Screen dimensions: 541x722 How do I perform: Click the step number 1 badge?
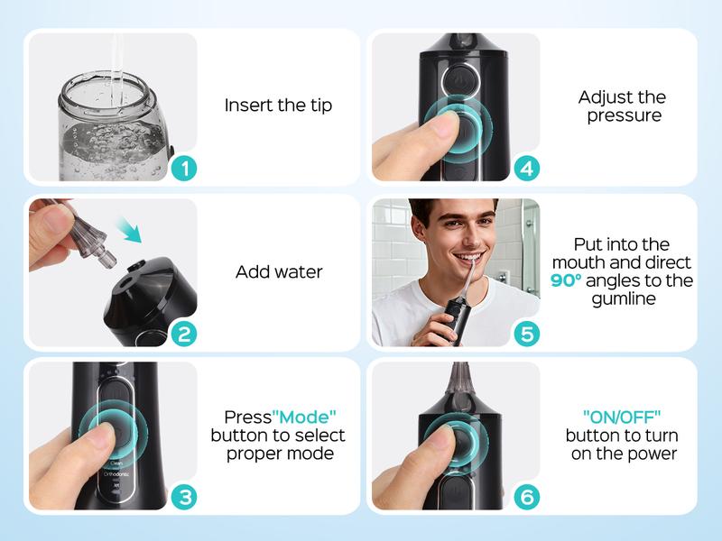click(183, 168)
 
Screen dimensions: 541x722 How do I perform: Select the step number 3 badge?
click(183, 497)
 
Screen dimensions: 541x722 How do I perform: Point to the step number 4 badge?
click(526, 168)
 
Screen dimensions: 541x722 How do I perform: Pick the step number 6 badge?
click(526, 497)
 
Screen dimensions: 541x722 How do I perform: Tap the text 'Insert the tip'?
click(278, 105)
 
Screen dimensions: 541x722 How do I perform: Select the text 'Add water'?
click(278, 271)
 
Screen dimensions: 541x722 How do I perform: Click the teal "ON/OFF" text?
click(623, 417)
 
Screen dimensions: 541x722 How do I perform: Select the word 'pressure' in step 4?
click(623, 115)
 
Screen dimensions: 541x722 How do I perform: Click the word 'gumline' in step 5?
click(623, 298)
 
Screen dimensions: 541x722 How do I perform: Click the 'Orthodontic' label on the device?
click(117, 472)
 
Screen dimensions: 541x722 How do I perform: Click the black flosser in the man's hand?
click(452, 320)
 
